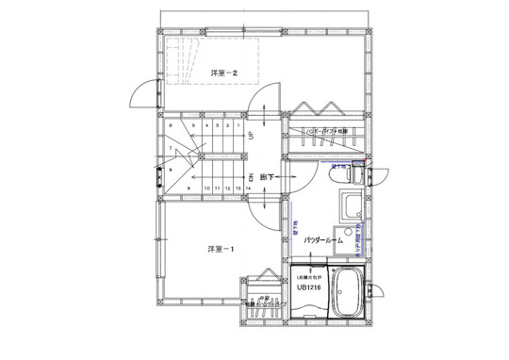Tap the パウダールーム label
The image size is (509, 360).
tap(327, 241)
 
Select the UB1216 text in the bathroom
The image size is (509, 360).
tap(309, 289)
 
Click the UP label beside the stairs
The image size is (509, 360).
tap(251, 135)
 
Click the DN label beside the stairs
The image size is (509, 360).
tap(251, 176)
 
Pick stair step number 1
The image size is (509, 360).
tap(238, 123)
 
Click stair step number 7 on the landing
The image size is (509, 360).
tap(171, 149)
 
